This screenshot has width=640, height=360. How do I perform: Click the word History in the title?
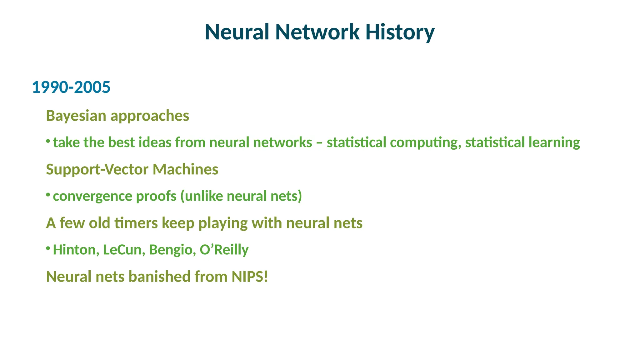click(x=400, y=32)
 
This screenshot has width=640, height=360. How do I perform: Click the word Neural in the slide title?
click(x=237, y=32)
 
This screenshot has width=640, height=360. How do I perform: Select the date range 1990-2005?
click(x=71, y=87)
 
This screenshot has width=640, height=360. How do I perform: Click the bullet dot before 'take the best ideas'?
click(x=48, y=141)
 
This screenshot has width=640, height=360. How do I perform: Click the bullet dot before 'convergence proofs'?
click(x=48, y=195)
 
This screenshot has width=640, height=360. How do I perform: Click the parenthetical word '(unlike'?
click(x=202, y=196)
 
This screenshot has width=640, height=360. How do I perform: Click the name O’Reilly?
click(x=224, y=250)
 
